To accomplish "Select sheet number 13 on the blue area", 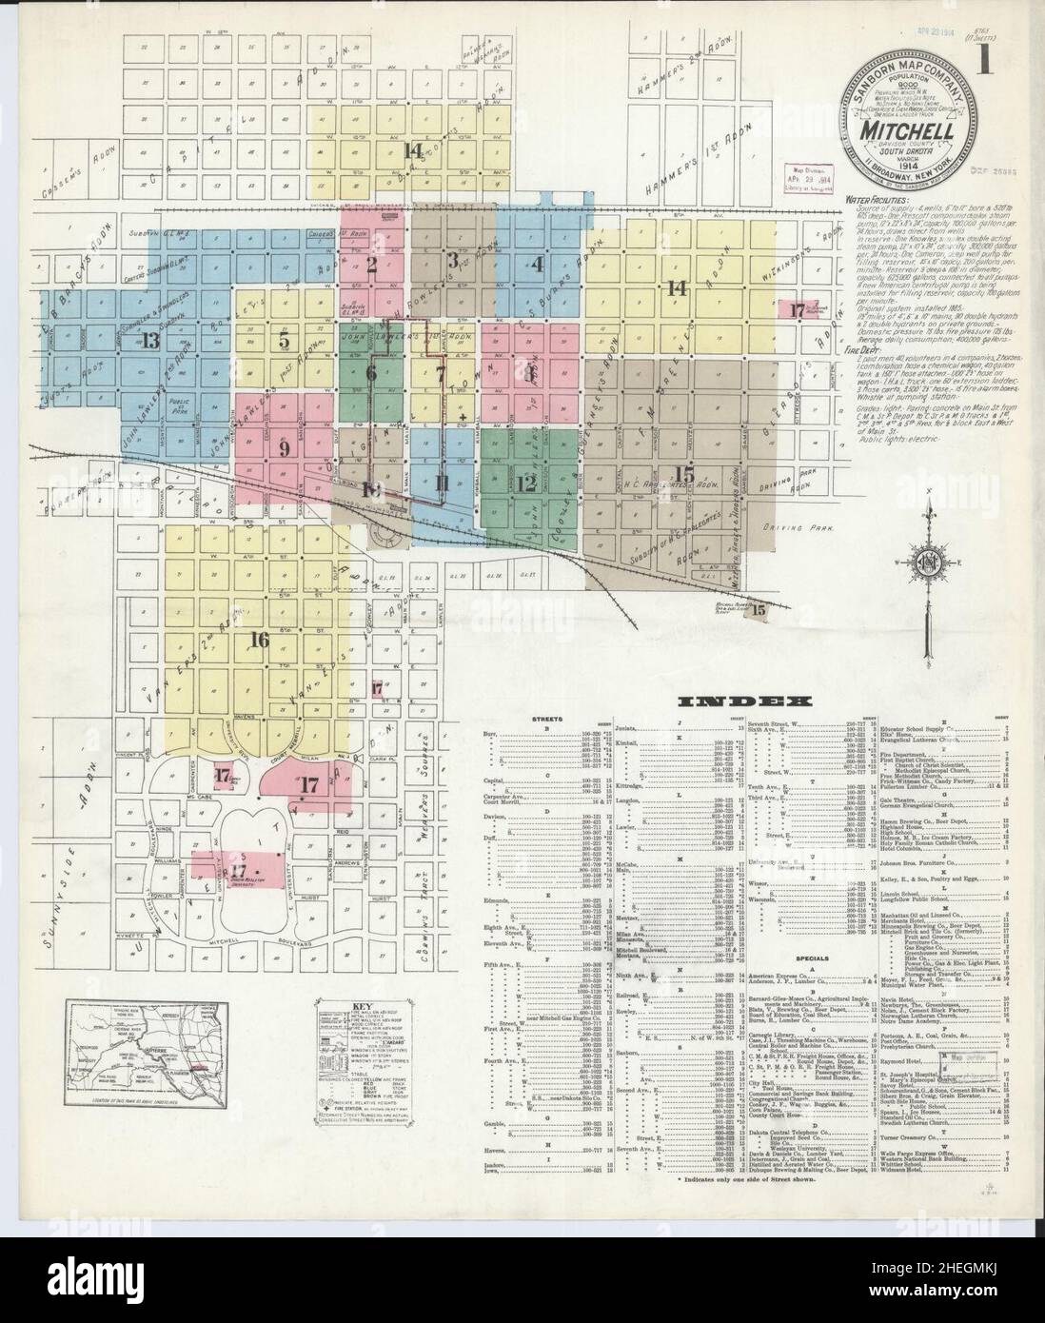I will coord(149,343).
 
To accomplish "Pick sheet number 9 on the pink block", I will coord(284,449).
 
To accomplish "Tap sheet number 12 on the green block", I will coord(527,484).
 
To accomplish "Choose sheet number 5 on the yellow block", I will coord(284,340).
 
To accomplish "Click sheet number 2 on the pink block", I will coord(372,265).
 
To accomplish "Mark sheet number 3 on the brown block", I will coord(454,258).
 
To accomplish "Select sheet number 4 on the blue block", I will coord(538,264).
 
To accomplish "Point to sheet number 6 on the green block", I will coord(372,372).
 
